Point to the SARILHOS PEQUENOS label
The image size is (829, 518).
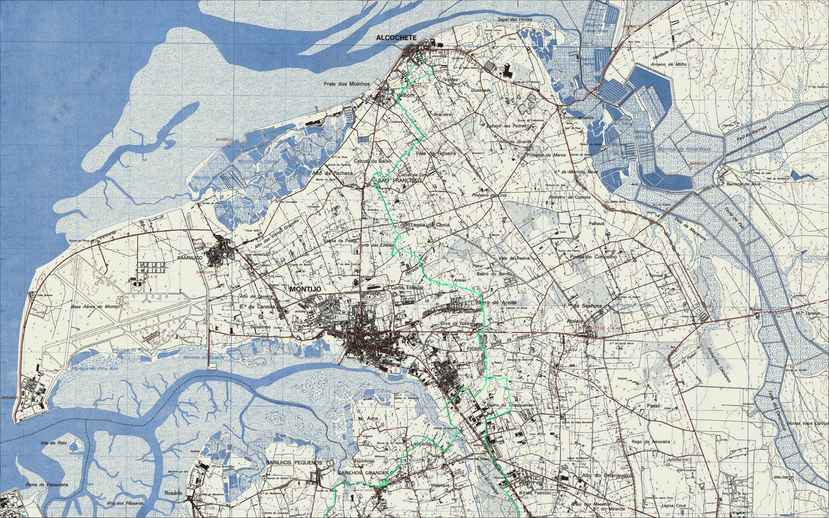(x=293, y=463)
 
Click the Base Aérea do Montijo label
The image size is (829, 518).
(x=95, y=307)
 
